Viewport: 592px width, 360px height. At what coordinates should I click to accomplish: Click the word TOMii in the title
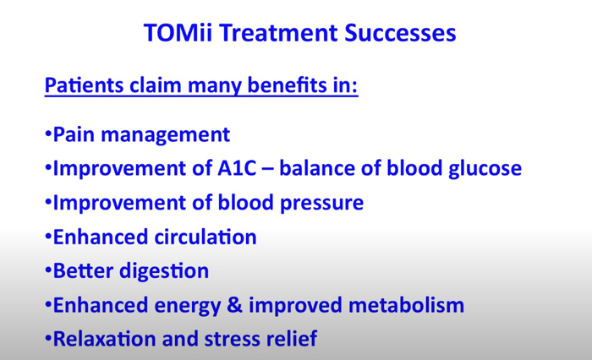pyautogui.click(x=178, y=32)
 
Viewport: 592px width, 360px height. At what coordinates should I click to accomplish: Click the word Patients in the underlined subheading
pyautogui.click(x=85, y=85)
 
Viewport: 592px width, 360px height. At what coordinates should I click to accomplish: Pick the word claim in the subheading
pyautogui.click(x=156, y=85)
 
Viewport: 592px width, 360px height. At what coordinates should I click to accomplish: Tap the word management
pyautogui.click(x=166, y=135)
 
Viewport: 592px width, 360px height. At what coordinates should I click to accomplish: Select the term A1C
pyautogui.click(x=237, y=168)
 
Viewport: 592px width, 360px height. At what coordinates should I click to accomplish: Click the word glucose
pyautogui.click(x=485, y=169)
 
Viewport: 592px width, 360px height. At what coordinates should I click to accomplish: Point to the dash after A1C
pyautogui.click(x=267, y=169)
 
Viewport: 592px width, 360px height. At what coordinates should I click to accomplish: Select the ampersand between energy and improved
pyautogui.click(x=234, y=305)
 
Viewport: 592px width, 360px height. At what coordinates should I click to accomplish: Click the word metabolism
pyautogui.click(x=406, y=305)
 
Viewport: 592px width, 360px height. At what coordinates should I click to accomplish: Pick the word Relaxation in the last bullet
pyautogui.click(x=105, y=339)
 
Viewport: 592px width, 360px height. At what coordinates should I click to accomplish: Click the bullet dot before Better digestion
pyautogui.click(x=48, y=270)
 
